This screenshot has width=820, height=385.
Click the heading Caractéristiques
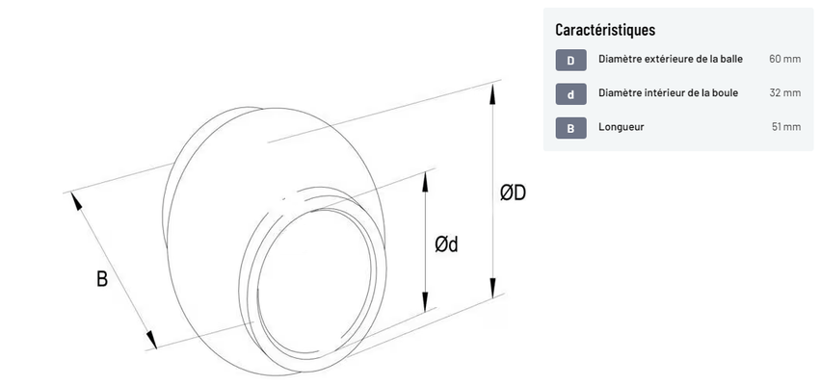click(605, 30)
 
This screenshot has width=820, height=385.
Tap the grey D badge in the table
click(570, 61)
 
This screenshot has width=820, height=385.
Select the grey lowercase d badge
click(570, 94)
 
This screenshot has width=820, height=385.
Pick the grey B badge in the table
click(570, 127)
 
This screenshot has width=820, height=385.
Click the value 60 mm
click(784, 60)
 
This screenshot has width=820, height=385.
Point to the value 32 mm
click(784, 93)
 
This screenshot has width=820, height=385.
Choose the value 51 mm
click(785, 127)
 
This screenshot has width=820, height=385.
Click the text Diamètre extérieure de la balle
click(670, 60)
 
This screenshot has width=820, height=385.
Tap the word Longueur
click(622, 127)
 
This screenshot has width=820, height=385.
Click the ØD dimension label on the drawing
click(513, 193)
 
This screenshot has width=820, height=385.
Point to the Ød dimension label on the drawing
click(445, 244)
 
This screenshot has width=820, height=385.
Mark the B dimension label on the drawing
click(102, 280)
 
